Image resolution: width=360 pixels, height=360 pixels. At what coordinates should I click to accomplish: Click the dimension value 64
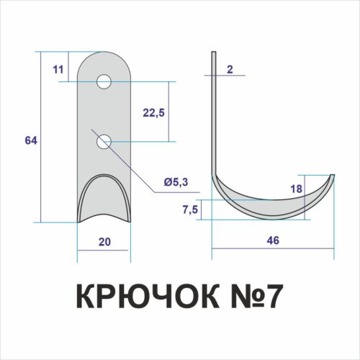tap(30, 140)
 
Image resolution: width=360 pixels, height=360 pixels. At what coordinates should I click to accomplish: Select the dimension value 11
tap(58, 69)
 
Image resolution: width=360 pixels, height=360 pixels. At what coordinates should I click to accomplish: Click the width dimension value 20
tap(104, 242)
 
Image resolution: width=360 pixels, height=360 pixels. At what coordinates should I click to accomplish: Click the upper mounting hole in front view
tap(104, 81)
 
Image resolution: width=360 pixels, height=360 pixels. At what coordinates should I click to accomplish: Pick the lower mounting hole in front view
tap(104, 142)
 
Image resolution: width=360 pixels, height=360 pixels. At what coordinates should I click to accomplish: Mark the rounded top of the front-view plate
tap(104, 58)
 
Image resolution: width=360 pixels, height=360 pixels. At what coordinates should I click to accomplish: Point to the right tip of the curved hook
tap(333, 176)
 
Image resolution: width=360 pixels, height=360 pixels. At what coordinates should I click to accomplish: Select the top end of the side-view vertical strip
tap(213, 54)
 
